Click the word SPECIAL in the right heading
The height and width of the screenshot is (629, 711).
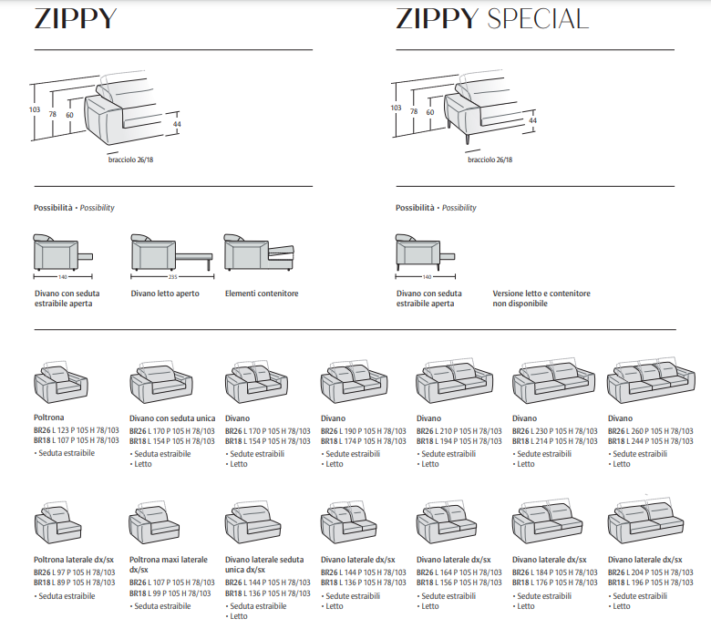click(x=538, y=19)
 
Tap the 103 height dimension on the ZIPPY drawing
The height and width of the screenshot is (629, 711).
click(x=35, y=109)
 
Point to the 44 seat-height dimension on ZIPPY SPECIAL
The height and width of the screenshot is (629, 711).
click(x=533, y=120)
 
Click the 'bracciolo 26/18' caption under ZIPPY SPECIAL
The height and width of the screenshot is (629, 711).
click(x=490, y=160)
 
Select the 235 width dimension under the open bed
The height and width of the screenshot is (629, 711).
click(x=173, y=276)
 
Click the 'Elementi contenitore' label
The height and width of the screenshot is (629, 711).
click(x=262, y=294)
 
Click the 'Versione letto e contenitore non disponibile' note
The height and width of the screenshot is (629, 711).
click(x=541, y=298)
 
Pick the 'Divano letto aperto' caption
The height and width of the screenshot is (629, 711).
click(x=165, y=294)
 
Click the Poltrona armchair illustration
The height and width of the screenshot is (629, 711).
click(x=61, y=382)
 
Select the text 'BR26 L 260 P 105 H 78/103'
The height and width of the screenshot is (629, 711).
click(x=651, y=431)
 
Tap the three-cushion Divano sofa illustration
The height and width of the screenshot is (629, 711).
click(x=651, y=380)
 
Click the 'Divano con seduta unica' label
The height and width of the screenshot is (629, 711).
click(x=172, y=418)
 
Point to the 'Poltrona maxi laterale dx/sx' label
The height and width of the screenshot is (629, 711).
click(x=169, y=564)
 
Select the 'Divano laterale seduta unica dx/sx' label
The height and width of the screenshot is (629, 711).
click(x=264, y=564)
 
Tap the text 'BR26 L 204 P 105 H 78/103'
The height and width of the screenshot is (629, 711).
click(x=651, y=572)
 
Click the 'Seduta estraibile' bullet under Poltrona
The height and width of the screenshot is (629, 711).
click(x=65, y=453)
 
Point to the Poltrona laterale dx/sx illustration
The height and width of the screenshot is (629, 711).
click(x=58, y=523)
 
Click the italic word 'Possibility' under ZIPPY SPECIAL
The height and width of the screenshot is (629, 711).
click(x=459, y=208)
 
